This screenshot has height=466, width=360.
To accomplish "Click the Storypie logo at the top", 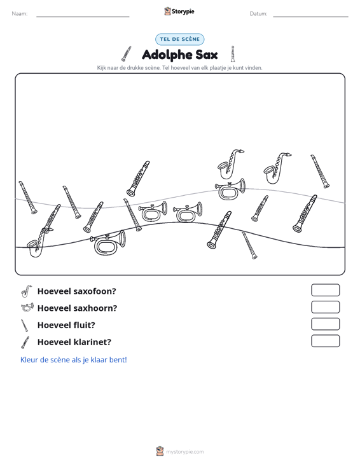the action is click(179, 11).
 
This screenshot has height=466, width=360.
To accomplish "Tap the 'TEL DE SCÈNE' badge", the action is click(180, 39).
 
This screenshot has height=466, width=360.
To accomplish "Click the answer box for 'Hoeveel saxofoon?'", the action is click(325, 290).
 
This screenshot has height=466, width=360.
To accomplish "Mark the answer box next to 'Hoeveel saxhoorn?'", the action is click(325, 307).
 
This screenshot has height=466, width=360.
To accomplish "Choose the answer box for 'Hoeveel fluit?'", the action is click(325, 324).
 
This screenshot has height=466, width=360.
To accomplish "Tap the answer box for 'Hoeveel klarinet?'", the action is click(325, 341).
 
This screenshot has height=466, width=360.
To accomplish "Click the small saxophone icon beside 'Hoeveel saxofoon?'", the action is click(26, 291).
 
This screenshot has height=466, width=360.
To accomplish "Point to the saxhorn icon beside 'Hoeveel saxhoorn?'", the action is click(27, 307).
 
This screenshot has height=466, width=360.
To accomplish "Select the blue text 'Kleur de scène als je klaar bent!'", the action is click(73, 360).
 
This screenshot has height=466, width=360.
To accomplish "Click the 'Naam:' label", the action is click(20, 14).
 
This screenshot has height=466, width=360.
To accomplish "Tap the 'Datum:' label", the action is click(258, 14).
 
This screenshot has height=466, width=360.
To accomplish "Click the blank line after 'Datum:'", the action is click(310, 17).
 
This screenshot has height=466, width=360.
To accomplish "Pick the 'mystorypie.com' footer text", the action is click(185, 452).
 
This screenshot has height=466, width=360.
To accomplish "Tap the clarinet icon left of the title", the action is click(127, 54).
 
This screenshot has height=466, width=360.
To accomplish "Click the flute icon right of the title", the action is click(233, 54).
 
